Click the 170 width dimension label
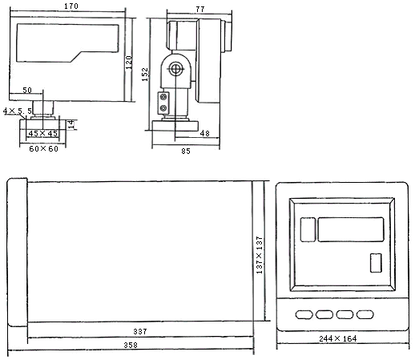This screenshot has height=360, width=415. [x=71, y=6]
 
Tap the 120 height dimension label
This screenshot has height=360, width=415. [x=129, y=63]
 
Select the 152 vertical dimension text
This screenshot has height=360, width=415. [x=145, y=75]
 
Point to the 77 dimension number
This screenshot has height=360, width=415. [x=200, y=9]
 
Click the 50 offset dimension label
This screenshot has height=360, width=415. [x=27, y=90]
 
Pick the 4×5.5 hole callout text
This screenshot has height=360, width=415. [x=18, y=111]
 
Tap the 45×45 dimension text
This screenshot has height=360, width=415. [x=43, y=133]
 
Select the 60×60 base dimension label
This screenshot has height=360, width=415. [x=44, y=148]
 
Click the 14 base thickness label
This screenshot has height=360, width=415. [x=71, y=124]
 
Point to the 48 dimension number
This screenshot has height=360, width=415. [x=205, y=133]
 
